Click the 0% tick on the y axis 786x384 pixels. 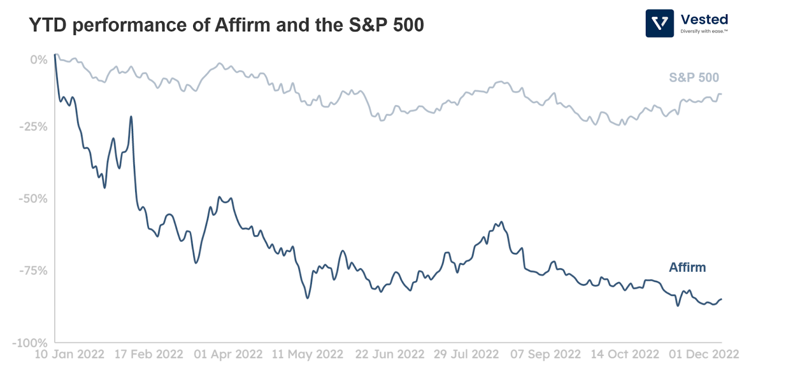coord(39,60)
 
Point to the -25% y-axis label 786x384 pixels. coord(33,127)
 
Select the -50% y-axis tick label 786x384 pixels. coord(33,199)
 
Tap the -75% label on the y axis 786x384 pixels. coord(33,271)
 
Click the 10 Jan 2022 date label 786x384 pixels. coord(69,354)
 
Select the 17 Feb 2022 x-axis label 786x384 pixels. coord(149,354)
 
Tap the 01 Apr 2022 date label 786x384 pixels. coord(228,354)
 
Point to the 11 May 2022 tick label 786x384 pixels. coord(308,354)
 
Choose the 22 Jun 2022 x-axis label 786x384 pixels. coord(390,354)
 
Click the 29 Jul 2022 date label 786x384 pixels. coord(466,354)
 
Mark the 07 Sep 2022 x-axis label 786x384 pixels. coord(545,354)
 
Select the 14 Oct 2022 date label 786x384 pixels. coord(625,354)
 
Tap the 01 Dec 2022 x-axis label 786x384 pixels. coord(704,354)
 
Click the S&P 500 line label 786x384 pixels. coord(694,78)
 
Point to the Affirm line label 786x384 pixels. coord(687,267)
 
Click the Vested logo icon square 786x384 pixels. coord(659,23)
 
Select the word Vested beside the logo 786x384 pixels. coord(704,20)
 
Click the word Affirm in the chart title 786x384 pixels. coord(243,25)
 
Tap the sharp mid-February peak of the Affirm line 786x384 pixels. coord(131,117)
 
